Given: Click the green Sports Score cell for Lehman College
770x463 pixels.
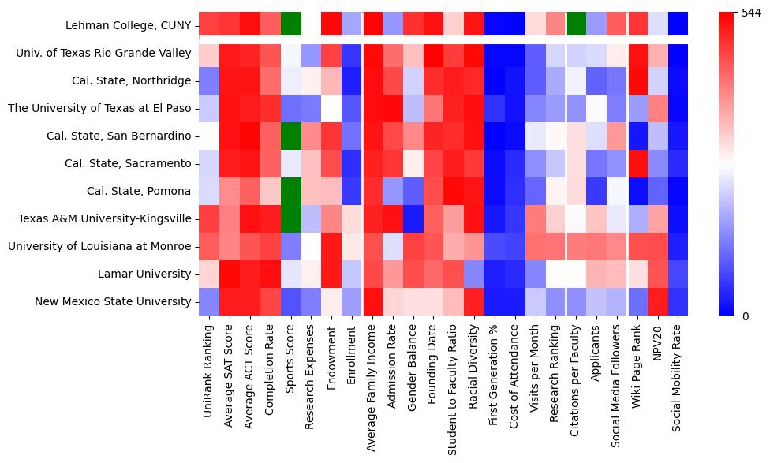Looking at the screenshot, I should (291, 24).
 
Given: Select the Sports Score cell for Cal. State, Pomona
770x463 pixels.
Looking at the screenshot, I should (291, 191).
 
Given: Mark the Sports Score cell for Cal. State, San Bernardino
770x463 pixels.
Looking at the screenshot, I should (291, 136).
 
